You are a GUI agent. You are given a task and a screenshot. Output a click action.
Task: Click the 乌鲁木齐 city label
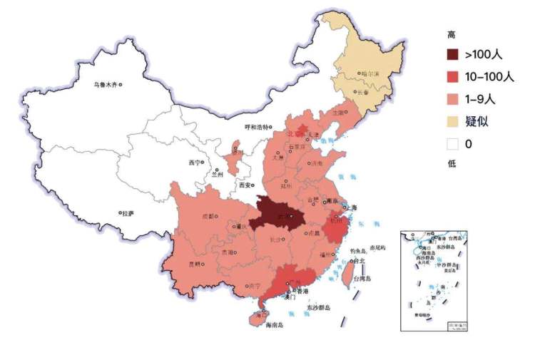pyautogui.click(x=105, y=85)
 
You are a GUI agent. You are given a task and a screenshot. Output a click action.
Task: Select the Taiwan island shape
pyautogui.click(x=349, y=272)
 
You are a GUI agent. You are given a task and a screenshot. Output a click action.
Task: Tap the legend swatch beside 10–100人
pyautogui.click(x=453, y=76)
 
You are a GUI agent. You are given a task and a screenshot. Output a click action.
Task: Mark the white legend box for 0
pyautogui.click(x=453, y=143)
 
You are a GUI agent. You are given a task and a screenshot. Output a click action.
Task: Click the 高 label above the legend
pyautogui.click(x=451, y=34)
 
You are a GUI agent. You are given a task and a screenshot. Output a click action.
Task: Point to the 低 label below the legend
pyautogui.click(x=451, y=165)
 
